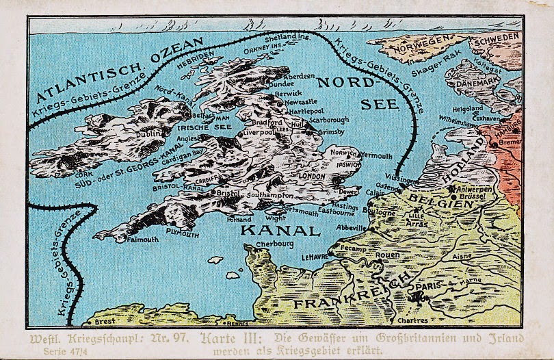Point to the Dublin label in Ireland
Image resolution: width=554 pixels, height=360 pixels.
tap(146, 136)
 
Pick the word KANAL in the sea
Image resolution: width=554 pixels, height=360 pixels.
tap(282, 230)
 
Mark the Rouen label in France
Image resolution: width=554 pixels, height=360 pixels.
tap(388, 255)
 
